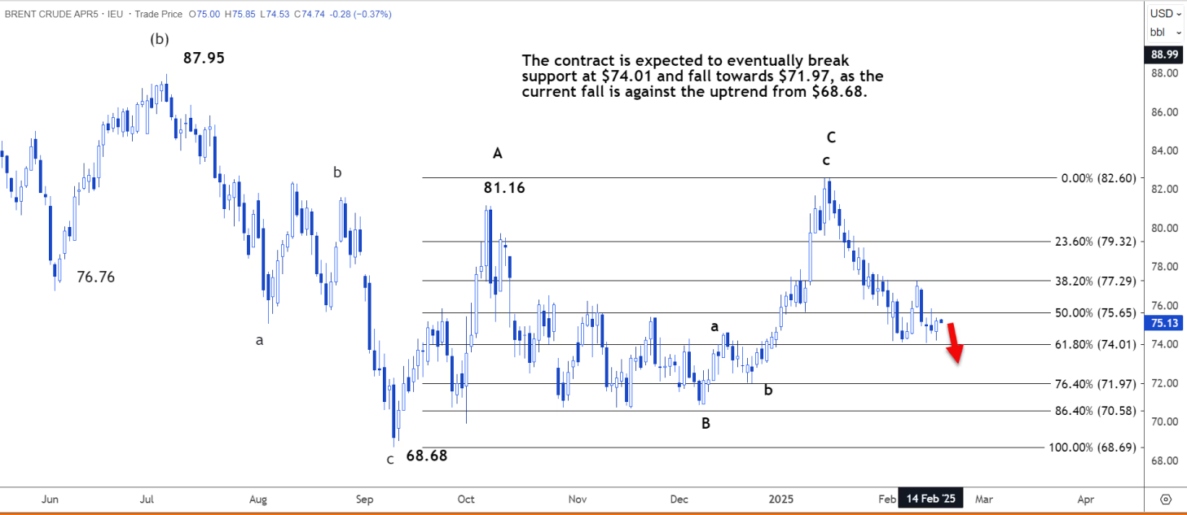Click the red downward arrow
point(955,343)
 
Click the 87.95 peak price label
point(204,58)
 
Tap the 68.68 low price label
point(426,456)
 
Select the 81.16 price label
point(504,188)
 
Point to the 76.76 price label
point(95,277)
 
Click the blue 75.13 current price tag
point(1163,322)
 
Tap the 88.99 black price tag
point(1163,55)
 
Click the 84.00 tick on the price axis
point(1163,151)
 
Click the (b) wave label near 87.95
point(159,38)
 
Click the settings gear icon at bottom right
point(1165,499)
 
